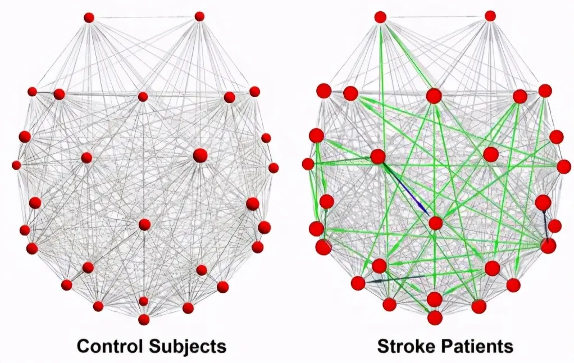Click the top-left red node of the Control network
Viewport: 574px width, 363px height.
[x=89, y=17]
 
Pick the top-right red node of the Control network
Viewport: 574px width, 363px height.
[x=199, y=16]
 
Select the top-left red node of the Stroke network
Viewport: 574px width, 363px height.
[x=381, y=17]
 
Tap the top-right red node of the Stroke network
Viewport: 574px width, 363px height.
[x=490, y=16]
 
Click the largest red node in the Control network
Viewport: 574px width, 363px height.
[x=200, y=155]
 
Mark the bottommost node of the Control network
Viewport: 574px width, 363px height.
[x=144, y=319]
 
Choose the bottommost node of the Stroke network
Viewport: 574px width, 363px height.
[x=435, y=317]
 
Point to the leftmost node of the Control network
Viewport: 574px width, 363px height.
[x=16, y=165]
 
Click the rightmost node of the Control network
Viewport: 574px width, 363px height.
[x=273, y=167]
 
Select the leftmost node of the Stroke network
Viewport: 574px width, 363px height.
[x=308, y=164]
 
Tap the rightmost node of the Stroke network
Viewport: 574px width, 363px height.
[x=564, y=166]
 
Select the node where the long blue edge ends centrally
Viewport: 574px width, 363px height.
[x=436, y=223]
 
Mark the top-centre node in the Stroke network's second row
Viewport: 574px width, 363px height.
[x=434, y=96]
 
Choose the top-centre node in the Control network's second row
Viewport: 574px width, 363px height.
[x=143, y=97]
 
